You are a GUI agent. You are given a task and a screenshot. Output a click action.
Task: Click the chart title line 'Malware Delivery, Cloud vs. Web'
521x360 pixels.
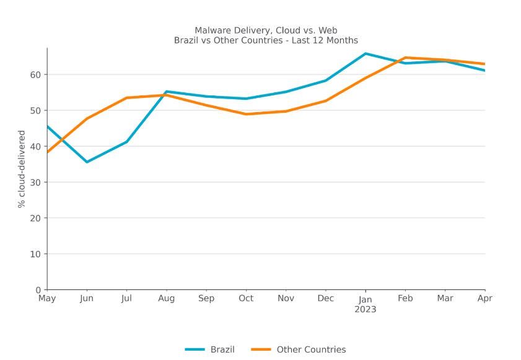266,30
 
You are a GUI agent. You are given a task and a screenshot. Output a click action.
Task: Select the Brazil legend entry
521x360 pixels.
210,349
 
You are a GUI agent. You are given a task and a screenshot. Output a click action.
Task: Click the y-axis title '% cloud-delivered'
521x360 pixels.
22,169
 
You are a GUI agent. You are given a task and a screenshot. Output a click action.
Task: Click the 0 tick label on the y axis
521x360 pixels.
38,289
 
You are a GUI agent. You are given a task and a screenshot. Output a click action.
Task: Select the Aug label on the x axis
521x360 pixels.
166,299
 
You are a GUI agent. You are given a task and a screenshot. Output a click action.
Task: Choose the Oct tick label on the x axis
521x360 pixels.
246,299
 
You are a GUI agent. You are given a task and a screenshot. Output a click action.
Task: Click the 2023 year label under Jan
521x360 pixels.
366,309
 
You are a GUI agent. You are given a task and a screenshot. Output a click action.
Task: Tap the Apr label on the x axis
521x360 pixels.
484,299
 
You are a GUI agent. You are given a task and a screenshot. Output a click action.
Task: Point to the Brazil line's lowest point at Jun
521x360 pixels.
87,162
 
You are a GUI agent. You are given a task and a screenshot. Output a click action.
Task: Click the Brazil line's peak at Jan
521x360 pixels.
366,53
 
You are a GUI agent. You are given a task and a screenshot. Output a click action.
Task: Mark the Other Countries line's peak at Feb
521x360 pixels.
405,58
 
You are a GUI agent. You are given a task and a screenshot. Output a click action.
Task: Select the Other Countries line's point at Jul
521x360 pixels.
126,98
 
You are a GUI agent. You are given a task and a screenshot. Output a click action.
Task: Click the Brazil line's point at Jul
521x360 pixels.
126,142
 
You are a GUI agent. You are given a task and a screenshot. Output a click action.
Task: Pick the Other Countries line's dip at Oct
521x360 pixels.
246,114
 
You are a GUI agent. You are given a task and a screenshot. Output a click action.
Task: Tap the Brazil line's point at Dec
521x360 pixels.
326,81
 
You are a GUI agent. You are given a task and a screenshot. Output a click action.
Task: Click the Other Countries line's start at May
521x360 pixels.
47,152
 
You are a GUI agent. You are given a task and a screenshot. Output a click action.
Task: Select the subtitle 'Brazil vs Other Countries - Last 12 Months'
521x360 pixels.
266,40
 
